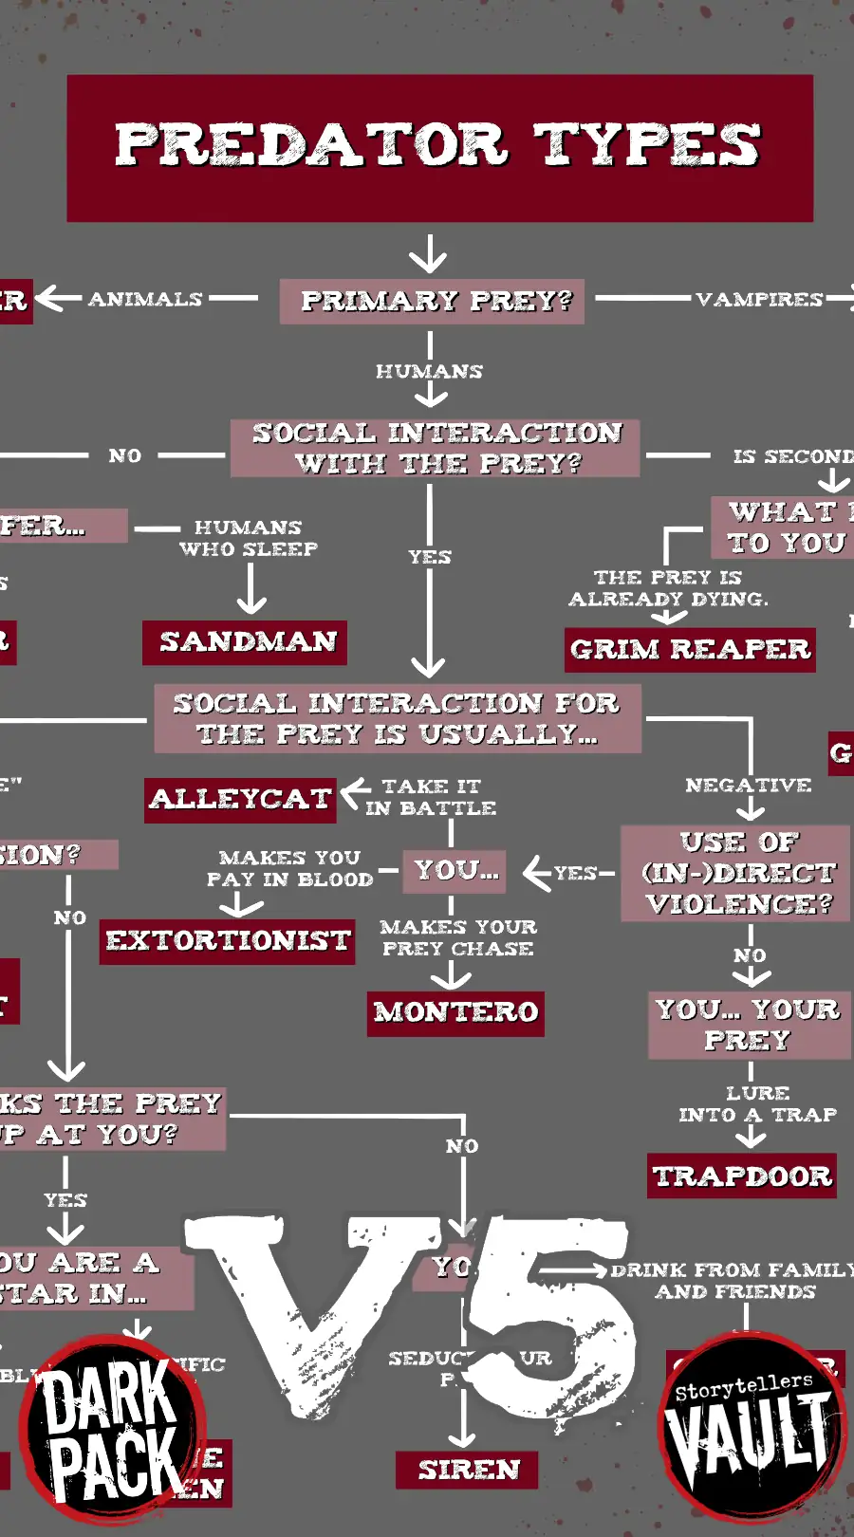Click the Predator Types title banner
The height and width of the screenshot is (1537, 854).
click(x=439, y=147)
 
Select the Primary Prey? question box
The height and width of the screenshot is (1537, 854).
click(x=432, y=301)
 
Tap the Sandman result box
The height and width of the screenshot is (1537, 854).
click(x=245, y=642)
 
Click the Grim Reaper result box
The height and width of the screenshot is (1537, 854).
click(x=690, y=650)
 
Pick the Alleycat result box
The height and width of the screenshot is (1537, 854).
click(x=240, y=800)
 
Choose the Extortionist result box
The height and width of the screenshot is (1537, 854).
click(x=228, y=941)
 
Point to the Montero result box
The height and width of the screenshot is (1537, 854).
click(x=456, y=1013)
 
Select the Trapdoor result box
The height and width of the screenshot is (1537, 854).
click(x=742, y=1176)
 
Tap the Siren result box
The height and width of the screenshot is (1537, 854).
click(x=468, y=1470)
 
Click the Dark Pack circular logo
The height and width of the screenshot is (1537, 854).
click(x=112, y=1428)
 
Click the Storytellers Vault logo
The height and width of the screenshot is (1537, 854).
click(x=749, y=1424)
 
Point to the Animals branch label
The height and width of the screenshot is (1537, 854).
click(x=145, y=300)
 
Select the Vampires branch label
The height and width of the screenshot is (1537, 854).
click(x=758, y=300)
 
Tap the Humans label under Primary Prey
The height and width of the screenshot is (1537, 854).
click(x=429, y=371)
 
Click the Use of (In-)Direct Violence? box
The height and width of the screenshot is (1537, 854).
click(x=735, y=873)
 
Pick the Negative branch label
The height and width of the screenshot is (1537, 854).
click(x=748, y=786)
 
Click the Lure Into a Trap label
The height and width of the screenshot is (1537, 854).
click(x=757, y=1104)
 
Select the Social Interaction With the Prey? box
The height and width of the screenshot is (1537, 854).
click(x=436, y=449)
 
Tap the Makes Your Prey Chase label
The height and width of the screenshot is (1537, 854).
click(x=457, y=937)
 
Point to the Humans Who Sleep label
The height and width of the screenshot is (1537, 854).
click(x=248, y=538)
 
